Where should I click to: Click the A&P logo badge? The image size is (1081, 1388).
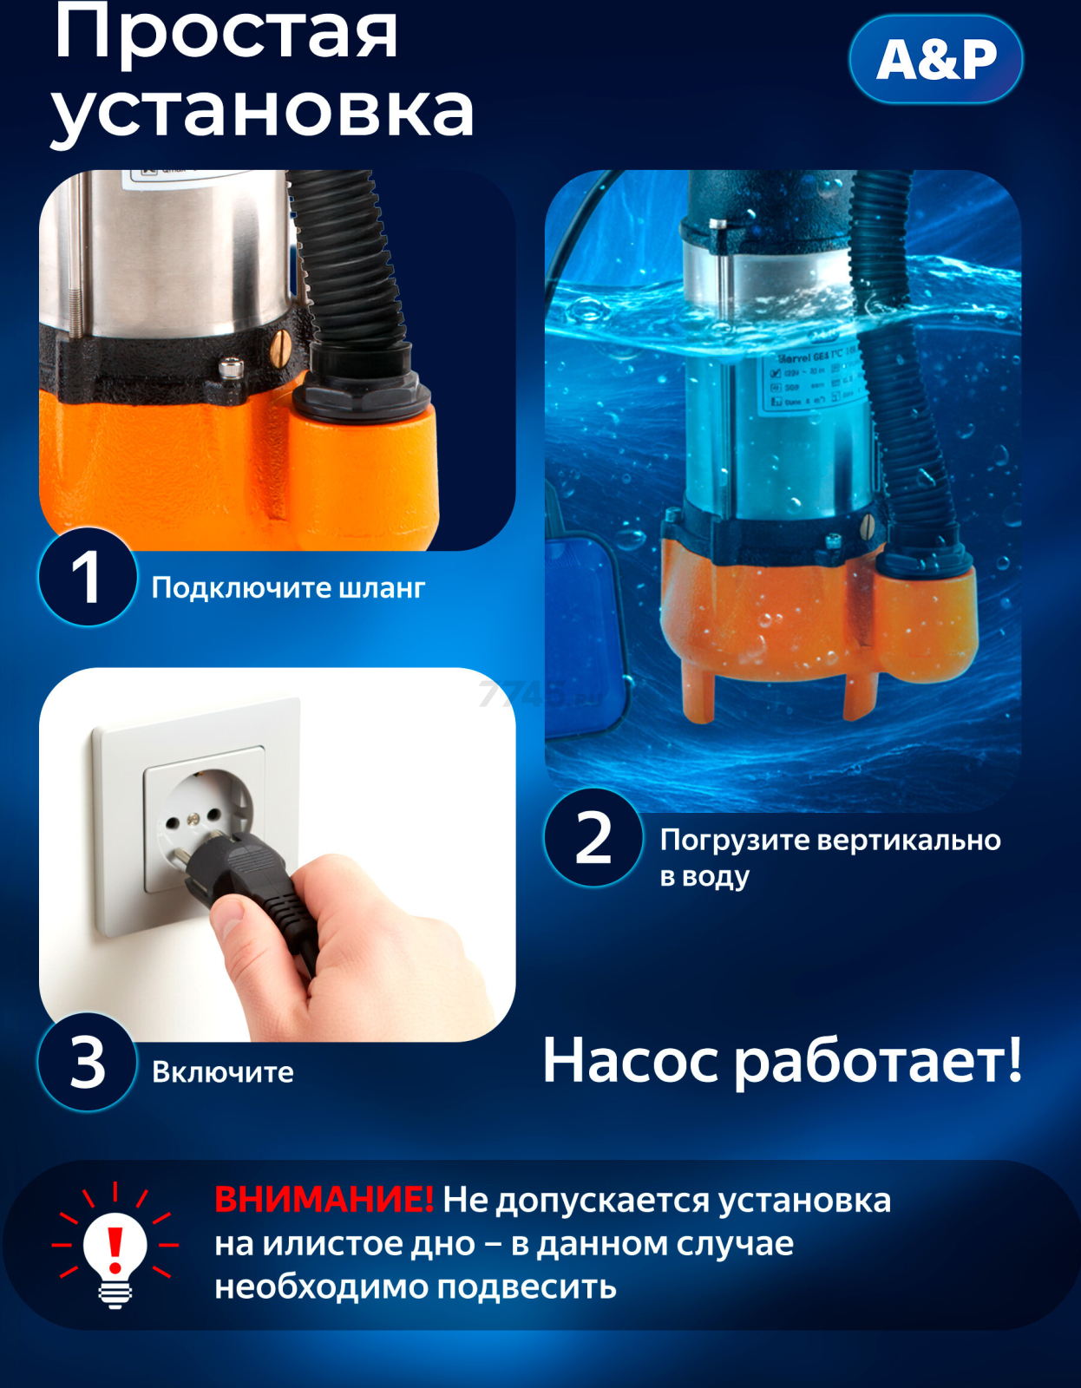point(936,60)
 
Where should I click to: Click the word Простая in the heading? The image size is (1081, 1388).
point(226,33)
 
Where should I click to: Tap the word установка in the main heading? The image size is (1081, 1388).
point(262,111)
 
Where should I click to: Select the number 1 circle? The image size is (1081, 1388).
point(87,577)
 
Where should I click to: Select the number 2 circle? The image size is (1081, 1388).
point(593,838)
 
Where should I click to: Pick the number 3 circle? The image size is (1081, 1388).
point(87,1062)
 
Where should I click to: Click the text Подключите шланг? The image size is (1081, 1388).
point(288,588)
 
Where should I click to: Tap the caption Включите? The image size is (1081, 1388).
point(223,1072)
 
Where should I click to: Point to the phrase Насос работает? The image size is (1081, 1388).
point(782,1060)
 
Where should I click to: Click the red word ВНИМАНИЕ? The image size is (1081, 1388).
point(324,1200)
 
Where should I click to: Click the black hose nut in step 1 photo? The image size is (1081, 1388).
point(360,390)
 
